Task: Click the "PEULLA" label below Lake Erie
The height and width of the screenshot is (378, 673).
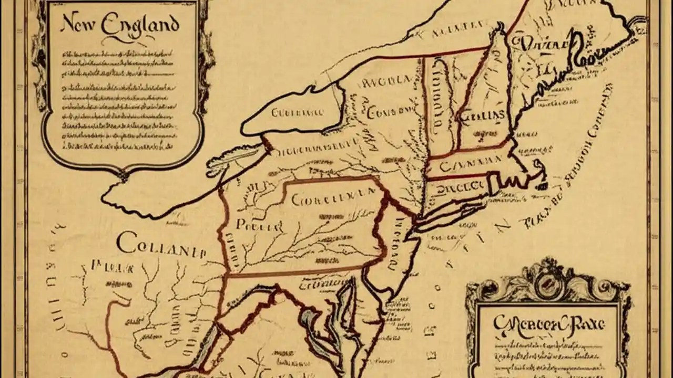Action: (x=259, y=226)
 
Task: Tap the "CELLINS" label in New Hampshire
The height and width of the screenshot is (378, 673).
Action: (x=482, y=115)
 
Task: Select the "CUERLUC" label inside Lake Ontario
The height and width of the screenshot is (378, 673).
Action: (x=297, y=112)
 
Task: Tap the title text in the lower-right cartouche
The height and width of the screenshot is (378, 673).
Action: (x=548, y=323)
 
